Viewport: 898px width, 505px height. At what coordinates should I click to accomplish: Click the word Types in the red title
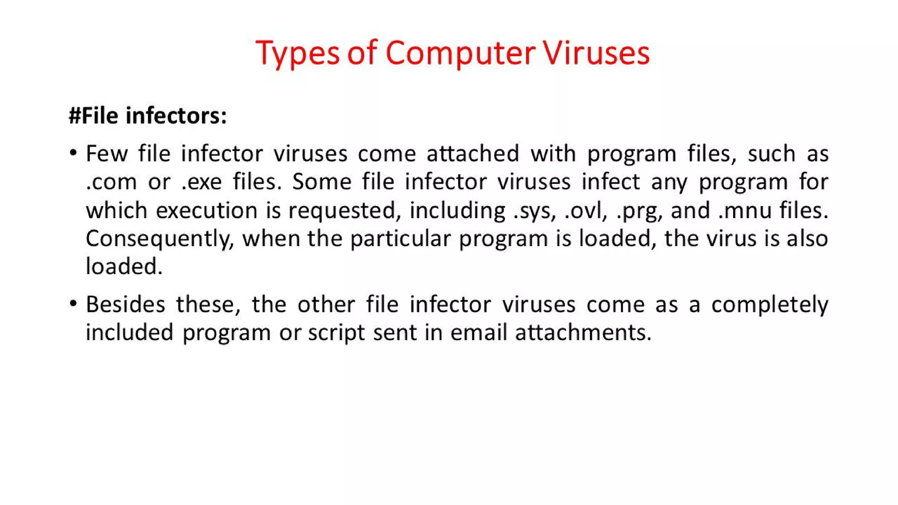pyautogui.click(x=297, y=53)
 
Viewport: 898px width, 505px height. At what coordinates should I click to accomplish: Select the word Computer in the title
pyautogui.click(x=460, y=53)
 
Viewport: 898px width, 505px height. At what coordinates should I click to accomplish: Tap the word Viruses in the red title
pyautogui.click(x=596, y=53)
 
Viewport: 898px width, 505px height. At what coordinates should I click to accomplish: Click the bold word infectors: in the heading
pyautogui.click(x=176, y=116)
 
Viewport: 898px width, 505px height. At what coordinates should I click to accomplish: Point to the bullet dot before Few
pyautogui.click(x=73, y=153)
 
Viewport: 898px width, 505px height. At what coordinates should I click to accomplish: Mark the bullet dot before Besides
pyautogui.click(x=73, y=303)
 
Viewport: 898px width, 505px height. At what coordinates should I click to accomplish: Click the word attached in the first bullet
pyautogui.click(x=473, y=154)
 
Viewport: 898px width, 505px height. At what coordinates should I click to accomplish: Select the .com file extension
pyautogui.click(x=111, y=182)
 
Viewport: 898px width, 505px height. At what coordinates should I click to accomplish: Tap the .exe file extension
pyautogui.click(x=202, y=182)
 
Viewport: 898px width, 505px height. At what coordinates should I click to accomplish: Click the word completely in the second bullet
pyautogui.click(x=770, y=305)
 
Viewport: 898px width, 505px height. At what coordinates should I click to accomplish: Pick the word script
pyautogui.click(x=336, y=333)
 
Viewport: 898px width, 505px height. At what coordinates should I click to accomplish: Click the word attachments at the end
pyautogui.click(x=583, y=332)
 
